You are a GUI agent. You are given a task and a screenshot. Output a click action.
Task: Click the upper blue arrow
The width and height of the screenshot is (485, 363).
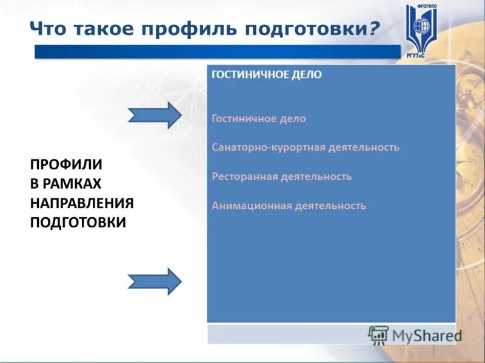pos(154,114)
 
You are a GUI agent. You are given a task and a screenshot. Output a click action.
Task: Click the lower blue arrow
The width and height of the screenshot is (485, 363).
pos(154,281)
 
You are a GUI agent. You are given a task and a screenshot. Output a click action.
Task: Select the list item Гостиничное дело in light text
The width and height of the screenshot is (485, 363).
pos(259,119)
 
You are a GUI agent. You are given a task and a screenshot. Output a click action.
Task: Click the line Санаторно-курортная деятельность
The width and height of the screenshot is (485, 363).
pos(306,147)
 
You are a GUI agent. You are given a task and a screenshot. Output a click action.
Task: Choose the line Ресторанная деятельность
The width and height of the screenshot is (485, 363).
pos(282,176)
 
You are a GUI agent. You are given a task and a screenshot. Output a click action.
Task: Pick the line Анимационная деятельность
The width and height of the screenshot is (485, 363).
pos(289,205)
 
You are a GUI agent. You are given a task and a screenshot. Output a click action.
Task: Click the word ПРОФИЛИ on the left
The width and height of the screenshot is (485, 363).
pos(66,165)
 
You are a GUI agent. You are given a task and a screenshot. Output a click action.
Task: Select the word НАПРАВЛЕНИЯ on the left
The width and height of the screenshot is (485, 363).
pos(82,203)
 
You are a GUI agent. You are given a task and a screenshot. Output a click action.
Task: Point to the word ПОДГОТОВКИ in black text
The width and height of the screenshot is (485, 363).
pos(78,222)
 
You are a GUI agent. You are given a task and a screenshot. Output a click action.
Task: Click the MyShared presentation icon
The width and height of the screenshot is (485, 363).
pos(378,335)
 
